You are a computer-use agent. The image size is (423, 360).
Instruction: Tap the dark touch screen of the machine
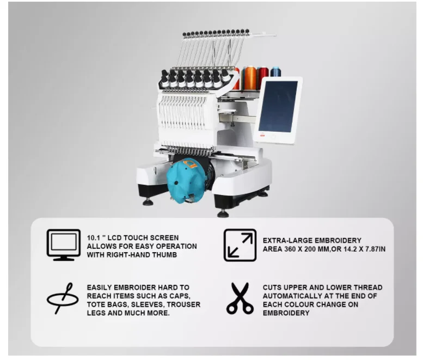click(278, 107)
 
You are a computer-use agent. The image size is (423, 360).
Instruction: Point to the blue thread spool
click(275, 73)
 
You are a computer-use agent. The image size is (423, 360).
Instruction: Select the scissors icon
click(240, 298)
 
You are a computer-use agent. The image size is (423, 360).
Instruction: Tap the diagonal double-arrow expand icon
click(240, 245)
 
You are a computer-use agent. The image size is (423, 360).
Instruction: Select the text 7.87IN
click(373, 248)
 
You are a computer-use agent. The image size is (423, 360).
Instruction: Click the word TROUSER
click(185, 304)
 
